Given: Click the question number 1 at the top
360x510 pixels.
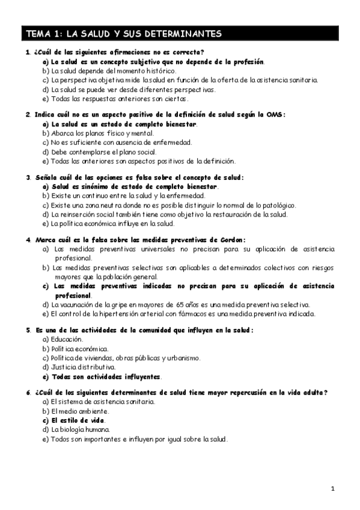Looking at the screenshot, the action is pos(28,52).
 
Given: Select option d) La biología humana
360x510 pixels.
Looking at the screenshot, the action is pos(76,430).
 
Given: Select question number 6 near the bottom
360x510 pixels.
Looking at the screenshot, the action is pos(28,393).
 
